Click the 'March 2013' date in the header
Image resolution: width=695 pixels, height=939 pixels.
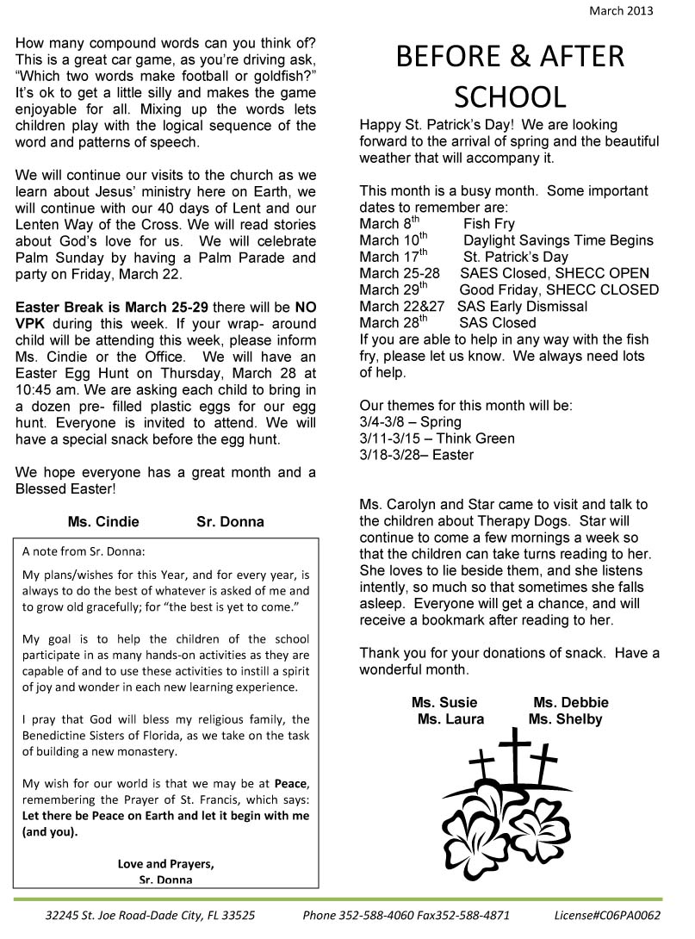point(621,11)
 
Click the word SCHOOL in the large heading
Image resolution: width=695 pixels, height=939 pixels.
point(510,96)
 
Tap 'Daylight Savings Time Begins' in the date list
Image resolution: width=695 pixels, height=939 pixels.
point(558,240)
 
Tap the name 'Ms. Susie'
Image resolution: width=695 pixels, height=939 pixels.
point(444,702)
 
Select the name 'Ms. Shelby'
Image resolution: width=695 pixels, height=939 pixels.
point(565,718)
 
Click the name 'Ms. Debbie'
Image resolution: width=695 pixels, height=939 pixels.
point(570,702)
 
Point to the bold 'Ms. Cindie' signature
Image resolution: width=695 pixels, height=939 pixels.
point(102,521)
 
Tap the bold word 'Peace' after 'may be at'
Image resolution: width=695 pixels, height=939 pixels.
point(290,783)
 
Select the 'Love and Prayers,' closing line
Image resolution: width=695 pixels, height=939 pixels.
point(165,863)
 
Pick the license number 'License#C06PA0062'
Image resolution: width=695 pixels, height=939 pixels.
point(607,916)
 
